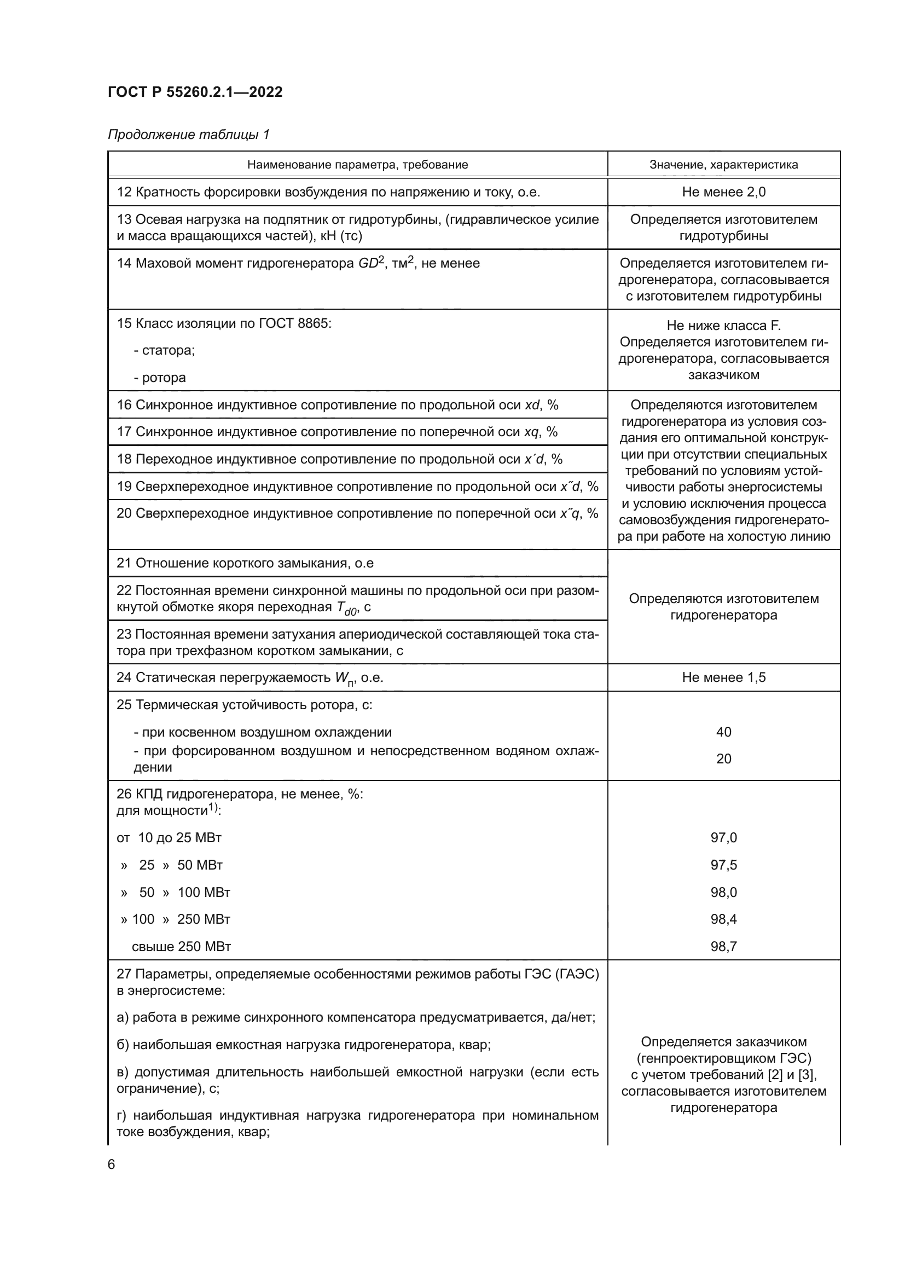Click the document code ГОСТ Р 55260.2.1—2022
pyautogui.click(x=195, y=92)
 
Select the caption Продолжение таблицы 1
pyautogui.click(x=188, y=135)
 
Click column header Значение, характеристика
pyautogui.click(x=723, y=165)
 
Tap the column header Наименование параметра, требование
pyautogui.click(x=357, y=165)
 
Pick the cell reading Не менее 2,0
pyautogui.click(x=723, y=192)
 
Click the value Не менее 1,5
pyautogui.click(x=723, y=677)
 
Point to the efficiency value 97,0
pyautogui.click(x=723, y=837)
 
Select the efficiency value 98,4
pyautogui.click(x=723, y=919)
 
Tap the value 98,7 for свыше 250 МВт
pyautogui.click(x=723, y=946)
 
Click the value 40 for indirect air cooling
pyautogui.click(x=723, y=732)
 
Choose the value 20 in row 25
pyautogui.click(x=723, y=758)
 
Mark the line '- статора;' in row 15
pyautogui.click(x=164, y=350)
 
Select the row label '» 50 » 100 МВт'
pyautogui.click(x=175, y=892)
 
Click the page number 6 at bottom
pyautogui.click(x=111, y=1164)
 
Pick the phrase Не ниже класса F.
pyautogui.click(x=723, y=326)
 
